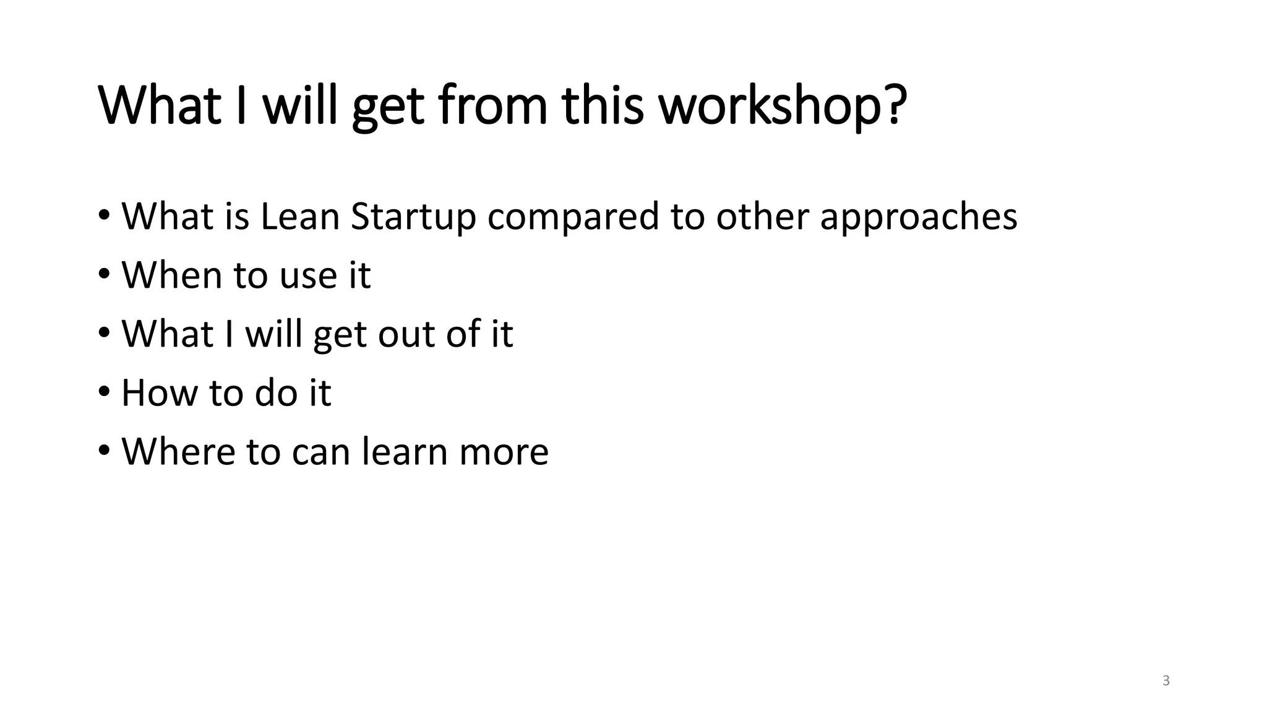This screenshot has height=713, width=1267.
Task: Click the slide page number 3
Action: click(1166, 681)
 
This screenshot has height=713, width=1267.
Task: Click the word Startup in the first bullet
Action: click(413, 218)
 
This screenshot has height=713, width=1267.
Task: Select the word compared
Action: click(573, 218)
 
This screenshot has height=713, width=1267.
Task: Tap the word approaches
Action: click(918, 218)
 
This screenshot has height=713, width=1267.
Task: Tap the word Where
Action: click(178, 451)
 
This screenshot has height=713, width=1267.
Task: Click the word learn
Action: click(405, 451)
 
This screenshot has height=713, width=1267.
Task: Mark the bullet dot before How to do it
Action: click(104, 392)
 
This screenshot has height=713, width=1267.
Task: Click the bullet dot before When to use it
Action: click(104, 274)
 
